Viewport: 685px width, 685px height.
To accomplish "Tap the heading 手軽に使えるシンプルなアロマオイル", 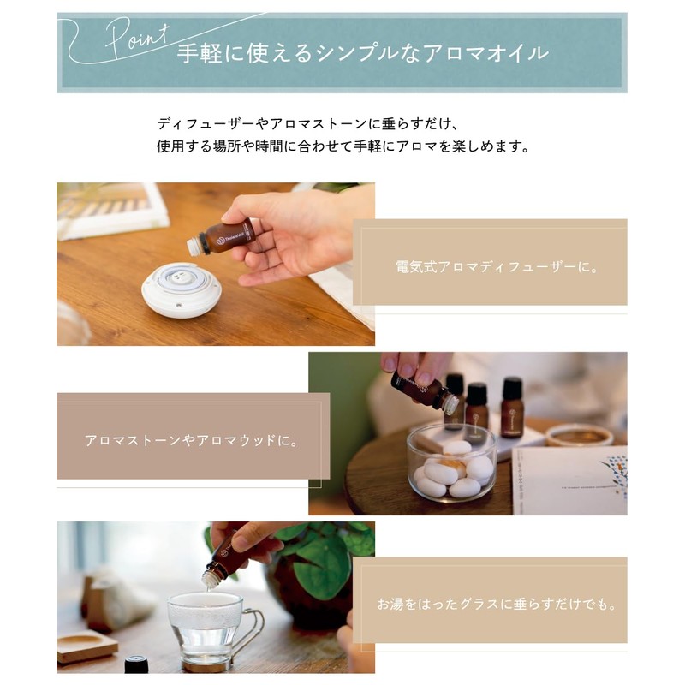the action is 362,53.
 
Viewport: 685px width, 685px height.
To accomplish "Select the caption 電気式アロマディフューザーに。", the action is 497,266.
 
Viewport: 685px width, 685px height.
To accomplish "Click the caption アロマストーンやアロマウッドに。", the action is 192,440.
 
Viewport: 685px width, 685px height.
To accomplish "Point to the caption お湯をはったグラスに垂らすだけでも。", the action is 497,605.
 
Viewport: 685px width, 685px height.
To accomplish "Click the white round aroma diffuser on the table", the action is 182,289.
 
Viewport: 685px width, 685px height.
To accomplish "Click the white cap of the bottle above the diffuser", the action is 193,247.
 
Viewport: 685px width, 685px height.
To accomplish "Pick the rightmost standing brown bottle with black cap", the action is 511,408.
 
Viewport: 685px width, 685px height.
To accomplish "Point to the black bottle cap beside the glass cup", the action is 136,664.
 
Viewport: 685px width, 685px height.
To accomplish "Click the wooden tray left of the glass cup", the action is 86,646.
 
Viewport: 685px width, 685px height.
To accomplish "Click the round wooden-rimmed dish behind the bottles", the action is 579,435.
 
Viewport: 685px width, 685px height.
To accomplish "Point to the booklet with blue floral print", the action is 569,480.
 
